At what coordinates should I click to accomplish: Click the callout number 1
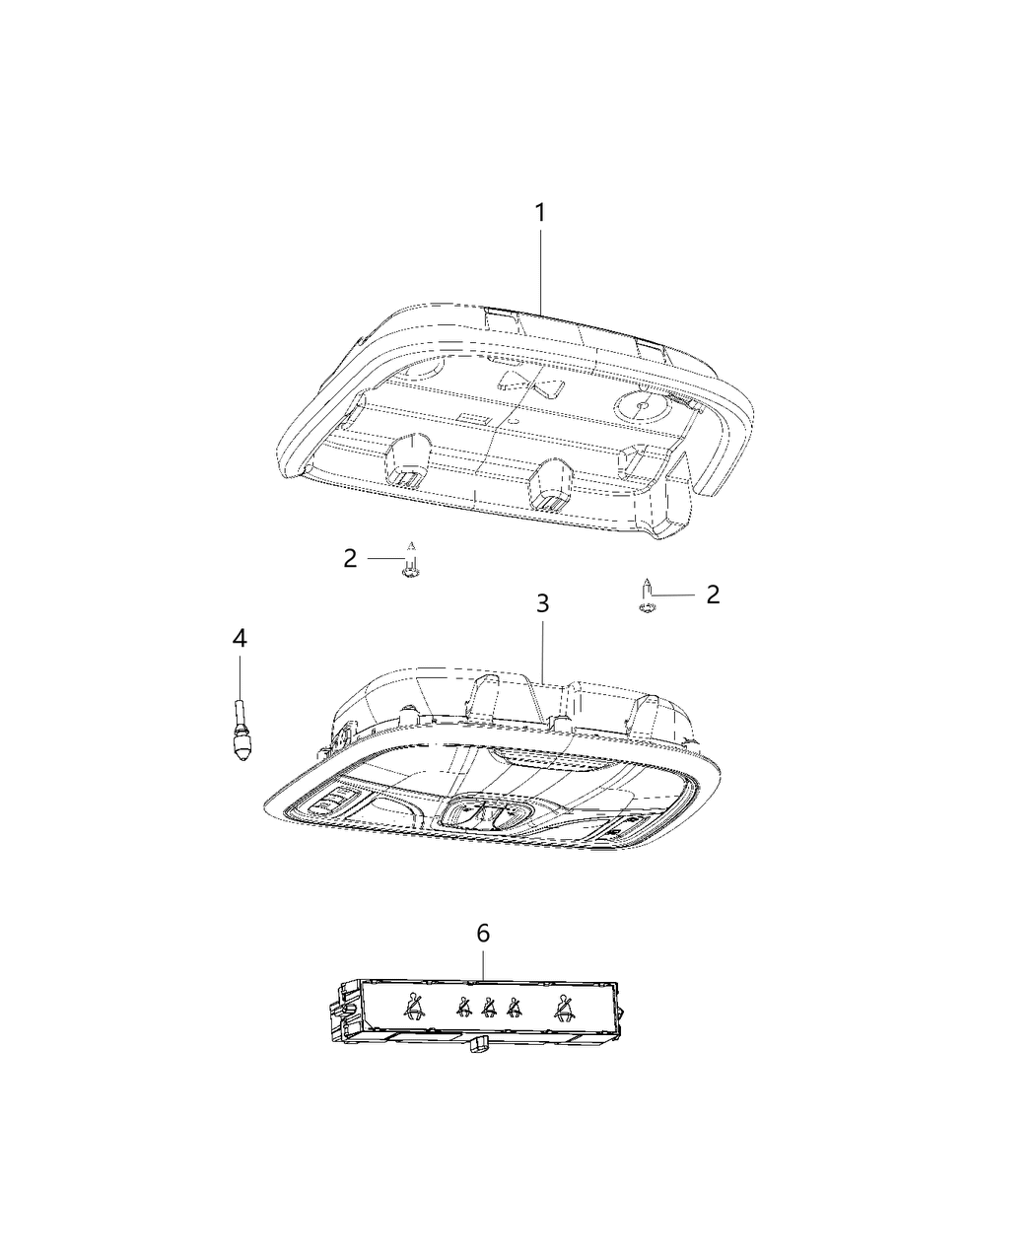(539, 212)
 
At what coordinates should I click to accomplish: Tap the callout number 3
(542, 602)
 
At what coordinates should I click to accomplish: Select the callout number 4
(240, 638)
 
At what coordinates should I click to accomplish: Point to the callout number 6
(483, 933)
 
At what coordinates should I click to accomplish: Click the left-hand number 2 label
(350, 559)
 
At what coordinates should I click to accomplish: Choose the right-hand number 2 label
(713, 594)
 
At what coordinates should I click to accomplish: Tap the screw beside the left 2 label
(411, 565)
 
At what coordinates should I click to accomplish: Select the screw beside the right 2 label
(644, 600)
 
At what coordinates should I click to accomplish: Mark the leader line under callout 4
(240, 675)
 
